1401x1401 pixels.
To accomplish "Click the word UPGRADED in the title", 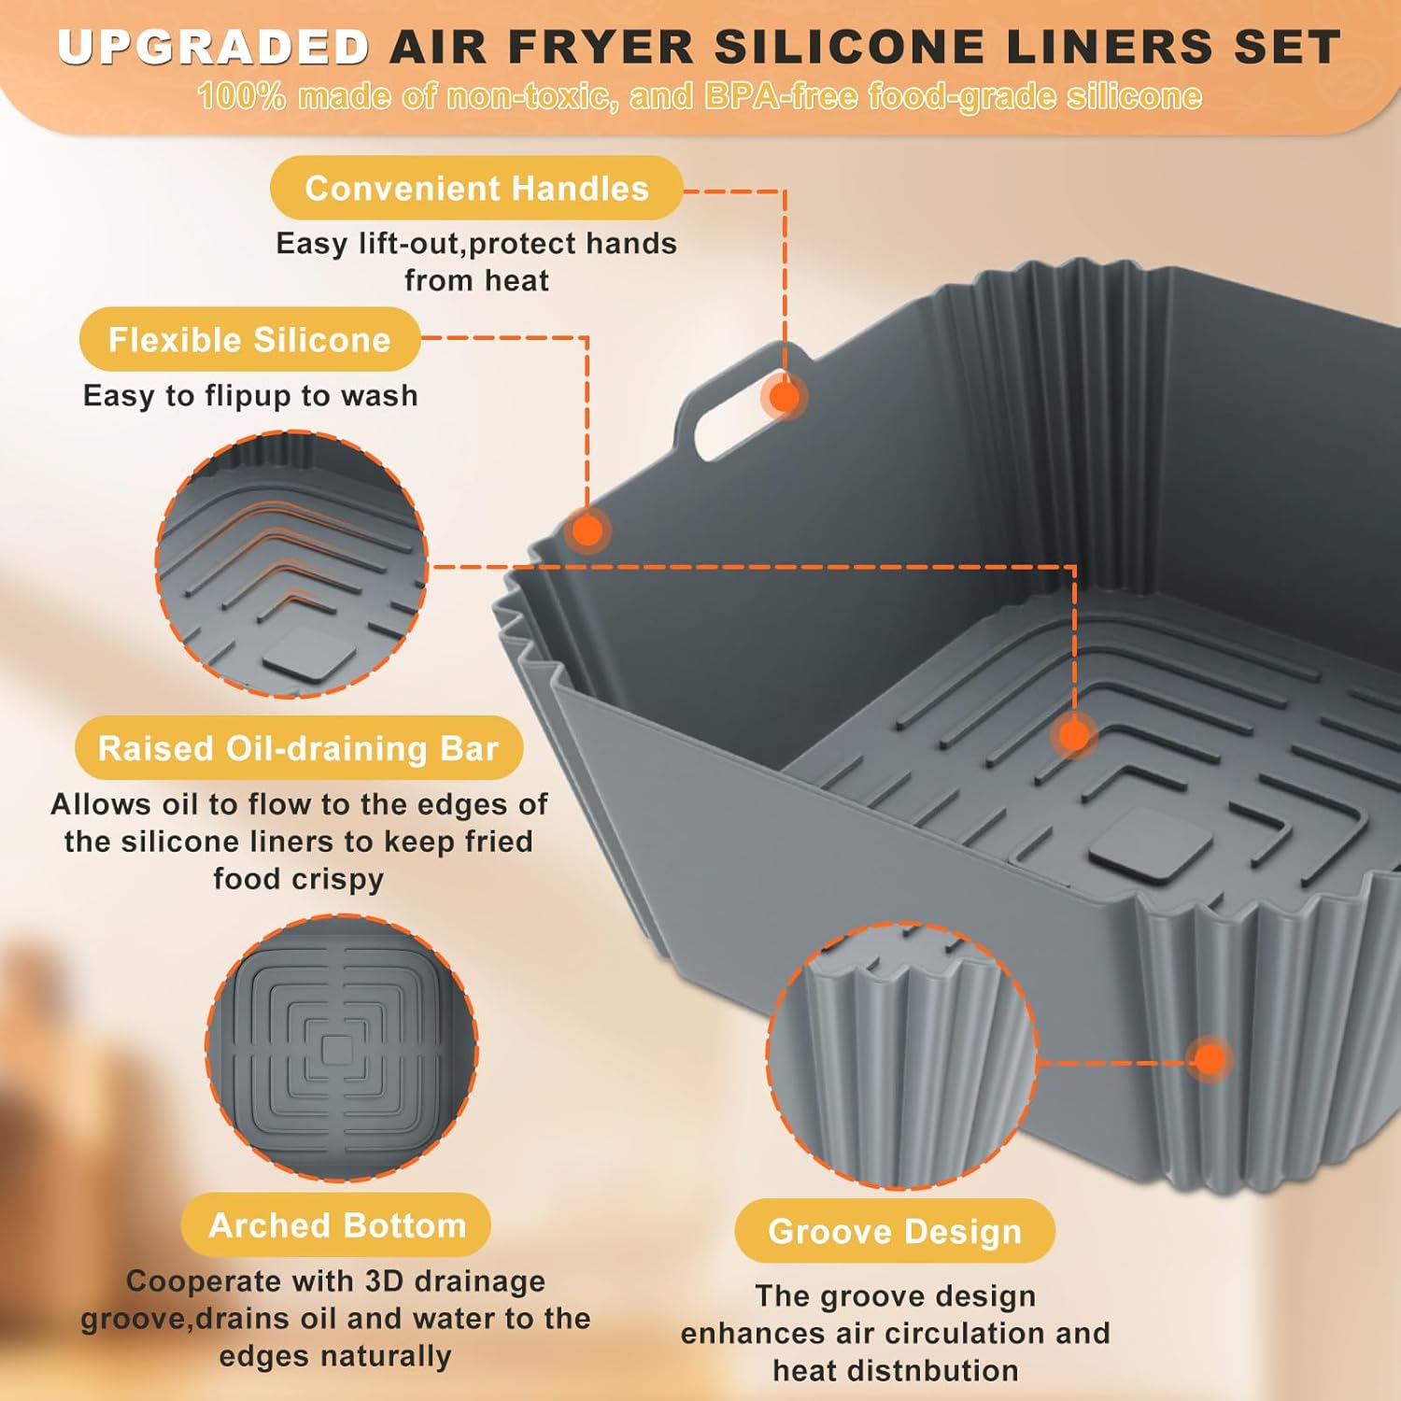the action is (214, 47).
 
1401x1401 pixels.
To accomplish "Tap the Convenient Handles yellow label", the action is (476, 189).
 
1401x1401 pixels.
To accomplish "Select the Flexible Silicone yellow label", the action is (249, 340).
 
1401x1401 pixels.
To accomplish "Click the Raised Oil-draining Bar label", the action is (298, 749).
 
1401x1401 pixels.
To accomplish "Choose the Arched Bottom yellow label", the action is (336, 1225).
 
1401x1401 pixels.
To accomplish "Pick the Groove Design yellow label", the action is (894, 1232).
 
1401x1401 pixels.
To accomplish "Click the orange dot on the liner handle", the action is (785, 396).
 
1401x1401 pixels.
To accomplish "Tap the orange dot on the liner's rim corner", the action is (587, 531).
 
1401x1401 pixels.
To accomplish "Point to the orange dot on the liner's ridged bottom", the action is (1074, 735).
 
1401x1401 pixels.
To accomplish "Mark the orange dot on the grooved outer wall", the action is (1210, 1059).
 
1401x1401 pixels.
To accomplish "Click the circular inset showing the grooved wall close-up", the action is (901, 1055).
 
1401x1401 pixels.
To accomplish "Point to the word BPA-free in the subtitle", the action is (780, 96).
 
